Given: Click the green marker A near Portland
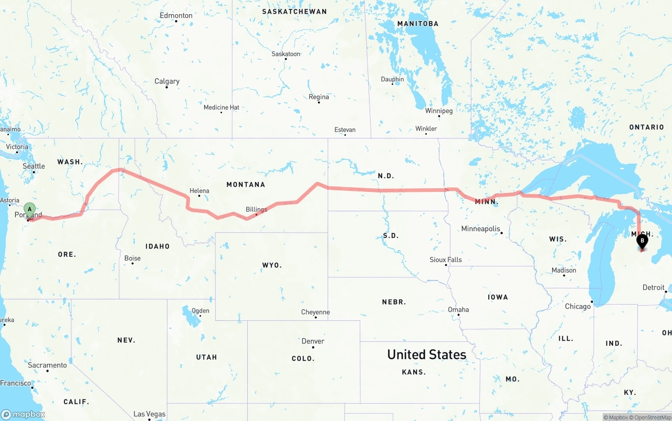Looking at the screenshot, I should (x=30, y=210).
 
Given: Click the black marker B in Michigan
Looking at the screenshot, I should (x=642, y=242).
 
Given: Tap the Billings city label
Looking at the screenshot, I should (x=256, y=209).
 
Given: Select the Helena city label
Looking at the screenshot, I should (x=199, y=191).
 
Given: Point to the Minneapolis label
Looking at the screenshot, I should (x=480, y=229).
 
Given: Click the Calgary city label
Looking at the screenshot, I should (x=166, y=81).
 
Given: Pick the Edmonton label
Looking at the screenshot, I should (x=176, y=16).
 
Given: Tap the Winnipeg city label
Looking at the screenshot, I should (x=438, y=111).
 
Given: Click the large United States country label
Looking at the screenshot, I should (x=426, y=354).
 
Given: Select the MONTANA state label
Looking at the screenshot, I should (x=245, y=185).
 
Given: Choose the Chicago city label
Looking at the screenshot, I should (x=577, y=306).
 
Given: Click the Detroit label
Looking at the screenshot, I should (x=653, y=287).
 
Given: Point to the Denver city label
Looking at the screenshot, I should (x=313, y=341).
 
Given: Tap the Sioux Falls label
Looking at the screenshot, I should (x=445, y=260).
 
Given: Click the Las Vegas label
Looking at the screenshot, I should (x=149, y=414).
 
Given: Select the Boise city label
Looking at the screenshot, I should (x=132, y=258).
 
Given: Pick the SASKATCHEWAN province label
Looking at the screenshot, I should (x=294, y=12).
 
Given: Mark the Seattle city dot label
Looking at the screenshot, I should (x=34, y=166).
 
